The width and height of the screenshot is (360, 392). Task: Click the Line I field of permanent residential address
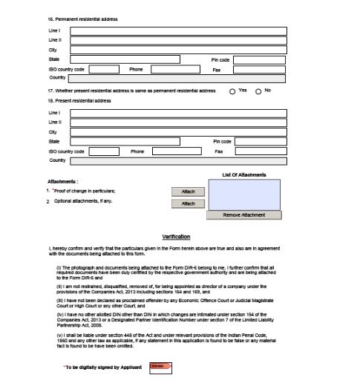coord(177,31)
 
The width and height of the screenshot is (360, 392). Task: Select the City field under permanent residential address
coord(177,50)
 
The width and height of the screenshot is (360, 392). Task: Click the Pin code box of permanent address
coord(259,59)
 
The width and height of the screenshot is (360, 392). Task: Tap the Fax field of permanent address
coord(259,68)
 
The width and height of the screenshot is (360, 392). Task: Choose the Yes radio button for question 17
coord(232,91)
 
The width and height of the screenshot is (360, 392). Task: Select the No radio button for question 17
coord(258,91)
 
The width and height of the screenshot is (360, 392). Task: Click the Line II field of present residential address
coord(177,122)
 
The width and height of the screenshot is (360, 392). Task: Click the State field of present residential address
coord(139,141)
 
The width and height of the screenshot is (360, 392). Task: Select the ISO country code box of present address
coord(104,151)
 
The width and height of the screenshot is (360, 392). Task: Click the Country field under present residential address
coord(177,160)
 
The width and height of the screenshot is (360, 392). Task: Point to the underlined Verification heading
coord(176,237)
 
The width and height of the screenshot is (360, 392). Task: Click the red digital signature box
coord(161,367)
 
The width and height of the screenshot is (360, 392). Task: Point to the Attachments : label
coord(63,181)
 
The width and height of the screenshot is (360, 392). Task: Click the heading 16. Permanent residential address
coord(82,19)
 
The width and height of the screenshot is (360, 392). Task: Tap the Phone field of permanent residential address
coord(175,68)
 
